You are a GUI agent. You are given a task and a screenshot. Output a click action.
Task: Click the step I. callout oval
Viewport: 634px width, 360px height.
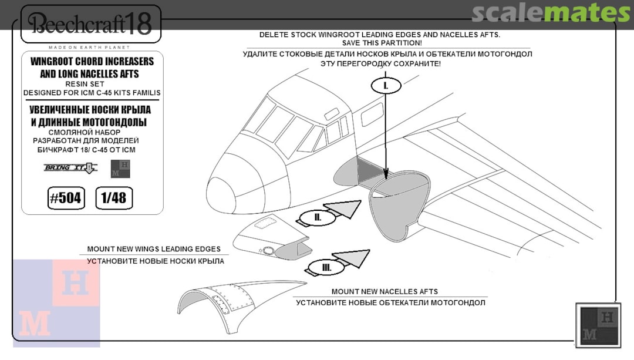tap(385, 86)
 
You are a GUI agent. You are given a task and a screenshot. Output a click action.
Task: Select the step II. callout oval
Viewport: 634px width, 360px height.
tap(318, 217)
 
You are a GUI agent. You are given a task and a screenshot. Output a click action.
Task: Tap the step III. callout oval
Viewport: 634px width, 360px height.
tap(326, 268)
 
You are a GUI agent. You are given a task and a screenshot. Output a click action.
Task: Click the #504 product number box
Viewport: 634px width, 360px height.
tap(65, 198)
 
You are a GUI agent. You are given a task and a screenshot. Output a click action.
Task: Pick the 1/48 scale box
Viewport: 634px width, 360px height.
tap(113, 198)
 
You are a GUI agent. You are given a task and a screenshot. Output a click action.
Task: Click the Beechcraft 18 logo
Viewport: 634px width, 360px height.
tap(90, 24)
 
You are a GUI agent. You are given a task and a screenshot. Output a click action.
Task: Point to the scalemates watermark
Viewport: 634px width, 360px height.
tap(550, 13)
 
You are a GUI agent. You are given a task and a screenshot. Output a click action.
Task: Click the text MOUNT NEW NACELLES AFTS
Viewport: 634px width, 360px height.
tap(385, 291)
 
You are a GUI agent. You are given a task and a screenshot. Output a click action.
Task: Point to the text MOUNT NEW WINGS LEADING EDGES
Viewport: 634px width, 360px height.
tap(154, 249)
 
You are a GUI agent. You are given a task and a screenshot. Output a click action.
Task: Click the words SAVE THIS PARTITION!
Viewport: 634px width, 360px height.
tap(382, 43)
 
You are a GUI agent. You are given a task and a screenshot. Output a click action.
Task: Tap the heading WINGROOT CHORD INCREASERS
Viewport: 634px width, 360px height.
tap(92, 62)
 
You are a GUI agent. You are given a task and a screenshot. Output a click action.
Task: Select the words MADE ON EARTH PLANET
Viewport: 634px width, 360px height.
tap(89, 47)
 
